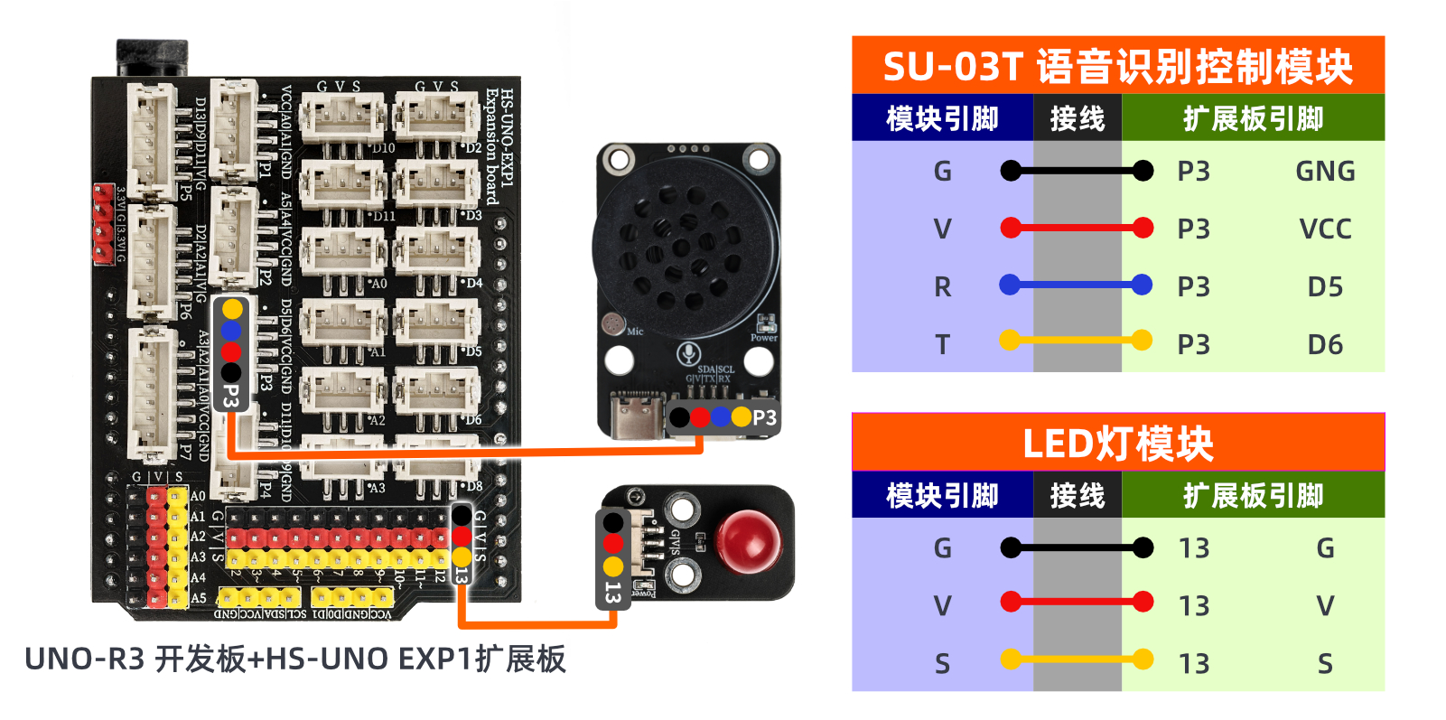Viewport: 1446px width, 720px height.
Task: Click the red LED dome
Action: pos(748,540)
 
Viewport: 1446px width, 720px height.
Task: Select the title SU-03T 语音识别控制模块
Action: pos(1117,66)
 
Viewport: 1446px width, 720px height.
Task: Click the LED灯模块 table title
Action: pos(1117,444)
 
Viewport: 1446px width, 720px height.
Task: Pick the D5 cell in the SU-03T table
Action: pos(1325,287)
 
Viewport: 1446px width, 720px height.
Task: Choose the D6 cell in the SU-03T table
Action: pos(1325,345)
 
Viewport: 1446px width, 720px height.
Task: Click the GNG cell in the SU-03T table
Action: pos(1325,172)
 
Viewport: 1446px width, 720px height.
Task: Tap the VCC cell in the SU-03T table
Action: pos(1325,229)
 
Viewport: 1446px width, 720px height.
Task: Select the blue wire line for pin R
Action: pos(1076,285)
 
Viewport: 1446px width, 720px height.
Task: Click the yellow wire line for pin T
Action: pos(1076,341)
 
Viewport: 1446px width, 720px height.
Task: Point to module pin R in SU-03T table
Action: pos(942,287)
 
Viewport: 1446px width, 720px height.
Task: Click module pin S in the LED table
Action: pos(942,664)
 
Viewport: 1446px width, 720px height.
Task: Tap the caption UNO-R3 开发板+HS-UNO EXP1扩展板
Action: pos(295,659)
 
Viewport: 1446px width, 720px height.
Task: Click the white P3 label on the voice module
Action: pos(764,417)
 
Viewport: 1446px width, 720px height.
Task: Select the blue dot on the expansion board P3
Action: pos(231,331)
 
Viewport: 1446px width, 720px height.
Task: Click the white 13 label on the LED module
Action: pos(613,593)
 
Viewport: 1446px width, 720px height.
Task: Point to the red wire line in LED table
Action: pos(1076,601)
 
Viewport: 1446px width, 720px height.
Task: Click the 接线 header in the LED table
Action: pos(1077,495)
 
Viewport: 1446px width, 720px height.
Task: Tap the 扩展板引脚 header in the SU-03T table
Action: pos(1253,118)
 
